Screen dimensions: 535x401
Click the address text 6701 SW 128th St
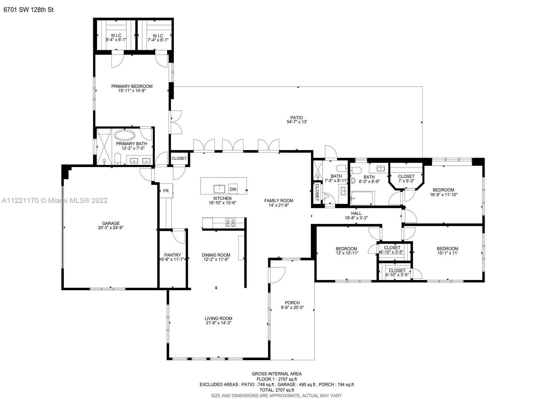tap(28, 10)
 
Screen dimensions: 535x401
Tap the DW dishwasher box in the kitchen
tap(233, 189)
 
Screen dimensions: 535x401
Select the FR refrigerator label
tap(166, 191)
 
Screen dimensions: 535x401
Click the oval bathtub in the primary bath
tap(125, 135)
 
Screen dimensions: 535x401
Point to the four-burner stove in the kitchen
tap(230, 223)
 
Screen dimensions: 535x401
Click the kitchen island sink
tap(219, 189)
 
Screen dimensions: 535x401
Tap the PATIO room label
tap(297, 118)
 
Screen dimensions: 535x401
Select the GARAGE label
tap(111, 223)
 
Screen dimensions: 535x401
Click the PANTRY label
tap(173, 255)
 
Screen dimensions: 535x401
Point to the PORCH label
tap(292, 303)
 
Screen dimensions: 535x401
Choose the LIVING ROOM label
tap(218, 318)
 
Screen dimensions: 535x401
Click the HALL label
tap(356, 214)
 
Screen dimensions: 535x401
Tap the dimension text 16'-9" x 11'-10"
tap(444, 194)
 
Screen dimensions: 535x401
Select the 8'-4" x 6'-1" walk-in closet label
tap(116, 40)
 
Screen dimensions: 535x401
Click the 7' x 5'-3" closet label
tap(406, 181)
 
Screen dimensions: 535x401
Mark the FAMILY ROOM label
tap(279, 200)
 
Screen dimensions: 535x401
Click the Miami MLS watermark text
tap(55, 200)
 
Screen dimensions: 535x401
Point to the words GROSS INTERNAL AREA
tap(277, 374)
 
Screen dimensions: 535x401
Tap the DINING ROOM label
tap(216, 255)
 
